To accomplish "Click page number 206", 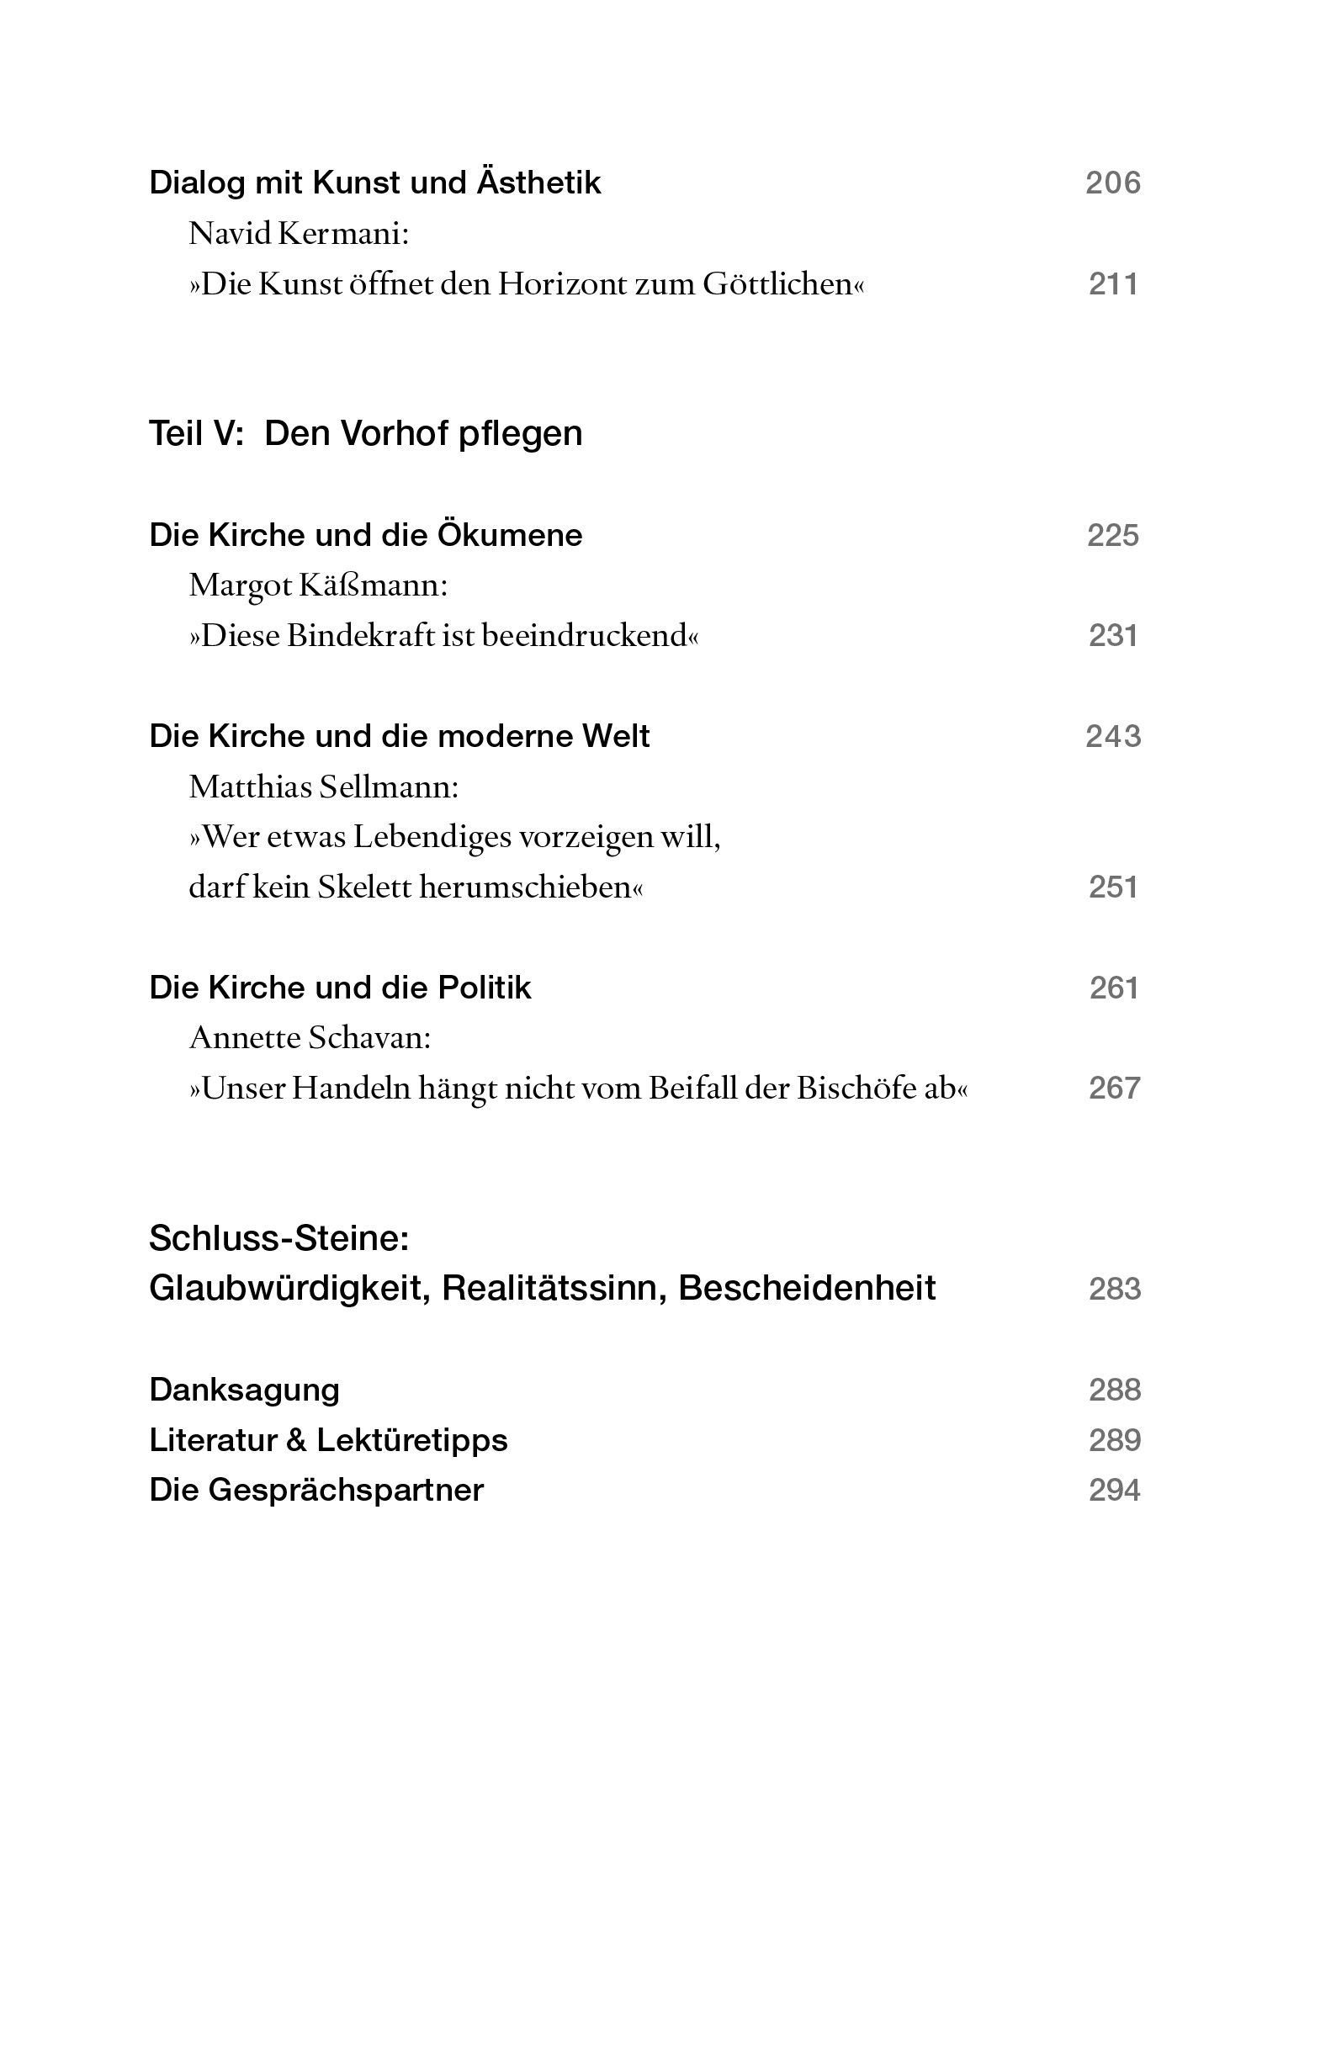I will [x=1112, y=183].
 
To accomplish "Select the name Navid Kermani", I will [x=298, y=233].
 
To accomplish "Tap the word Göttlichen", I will [x=783, y=284].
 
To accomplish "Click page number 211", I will [x=1112, y=284].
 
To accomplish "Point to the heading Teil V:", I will [x=196, y=434].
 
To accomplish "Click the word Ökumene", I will [x=509, y=535].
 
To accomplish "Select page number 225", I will [x=1112, y=536].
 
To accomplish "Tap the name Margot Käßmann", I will [x=317, y=585].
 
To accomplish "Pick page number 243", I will [x=1112, y=736].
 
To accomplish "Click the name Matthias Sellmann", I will [x=323, y=787].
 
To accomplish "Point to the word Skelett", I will [x=363, y=887].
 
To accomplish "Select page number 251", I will [x=1112, y=887].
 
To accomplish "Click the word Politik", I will [x=484, y=988].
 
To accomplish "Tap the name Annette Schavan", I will [x=310, y=1038].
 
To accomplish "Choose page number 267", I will [x=1113, y=1088].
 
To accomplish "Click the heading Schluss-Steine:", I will [x=278, y=1238].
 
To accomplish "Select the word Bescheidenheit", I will [x=806, y=1289].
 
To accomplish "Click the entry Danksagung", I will [x=244, y=1390].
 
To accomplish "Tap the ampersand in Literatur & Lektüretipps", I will [x=296, y=1440].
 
